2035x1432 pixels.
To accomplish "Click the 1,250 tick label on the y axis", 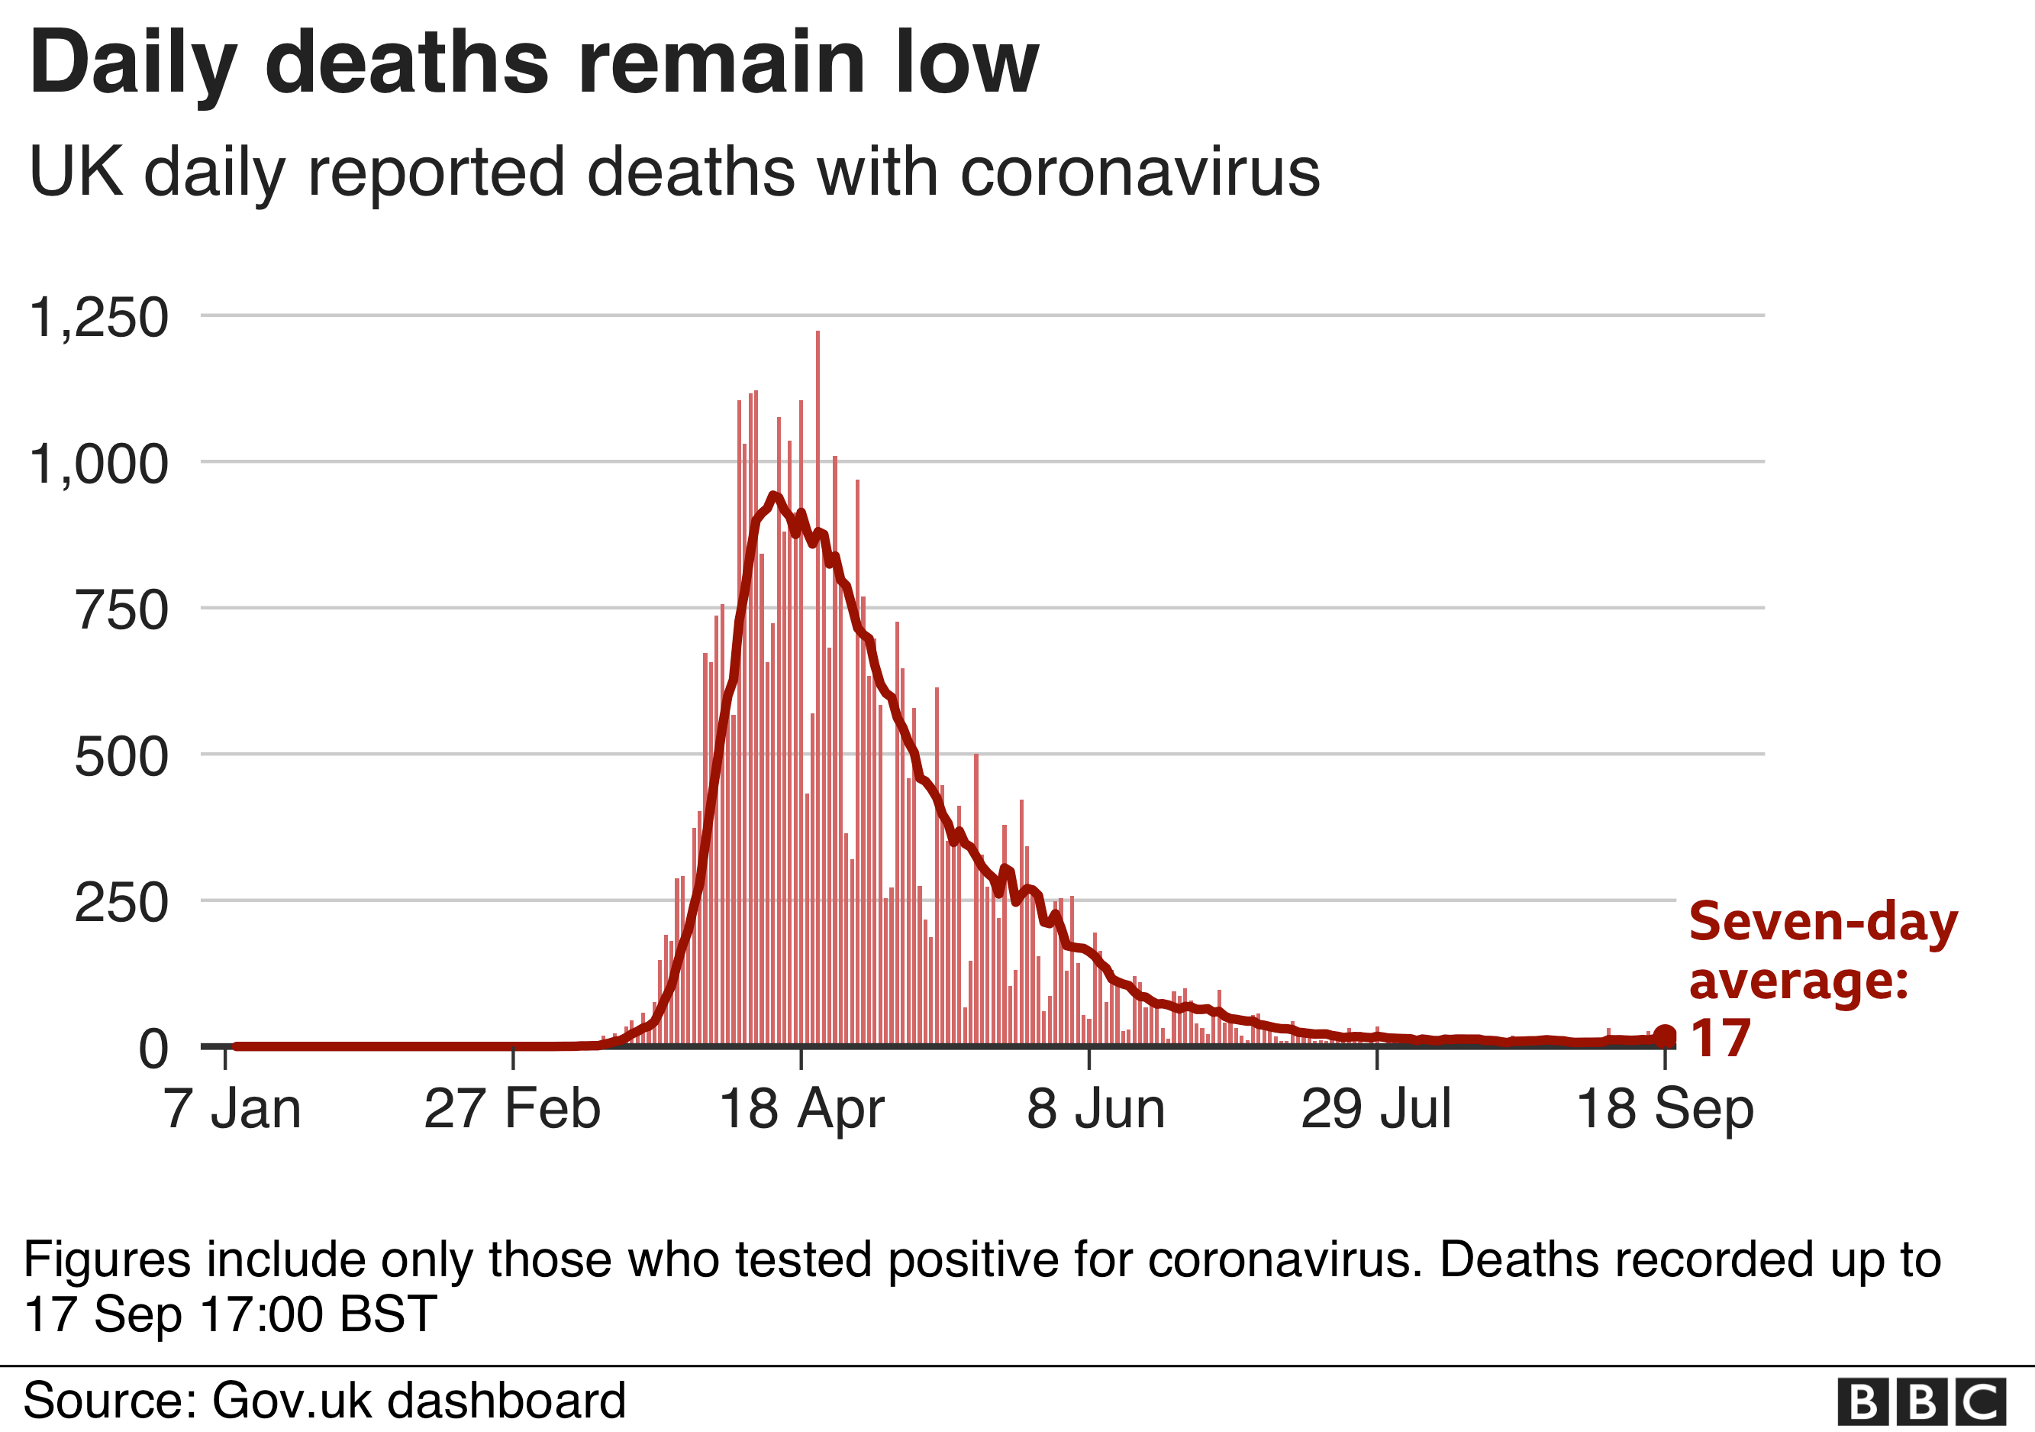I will click(x=98, y=318).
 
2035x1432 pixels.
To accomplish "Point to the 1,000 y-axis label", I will click(x=98, y=464).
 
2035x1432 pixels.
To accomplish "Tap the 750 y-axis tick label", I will click(x=121, y=610).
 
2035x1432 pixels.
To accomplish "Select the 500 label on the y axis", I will click(x=121, y=756).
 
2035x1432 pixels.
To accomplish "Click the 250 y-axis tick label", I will click(x=121, y=903).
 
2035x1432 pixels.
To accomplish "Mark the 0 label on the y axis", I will click(x=153, y=1049).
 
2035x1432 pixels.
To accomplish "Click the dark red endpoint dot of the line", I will click(x=1665, y=1035).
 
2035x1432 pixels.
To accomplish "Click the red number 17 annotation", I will click(x=1721, y=1039).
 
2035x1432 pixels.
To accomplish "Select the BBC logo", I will click(x=1921, y=1403).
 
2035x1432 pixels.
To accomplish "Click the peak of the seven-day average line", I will click(x=774, y=496).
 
